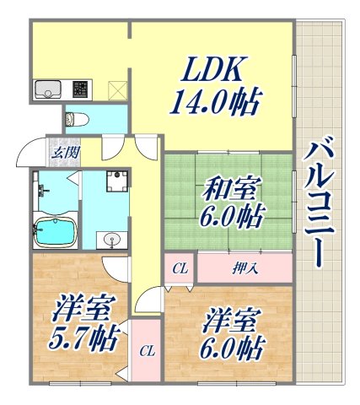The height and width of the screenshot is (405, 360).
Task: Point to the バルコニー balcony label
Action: (320, 203)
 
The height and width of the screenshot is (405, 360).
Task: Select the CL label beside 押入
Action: (179, 269)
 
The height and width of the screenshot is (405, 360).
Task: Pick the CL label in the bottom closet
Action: (146, 349)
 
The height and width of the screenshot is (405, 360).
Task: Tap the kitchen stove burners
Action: (80, 89)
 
